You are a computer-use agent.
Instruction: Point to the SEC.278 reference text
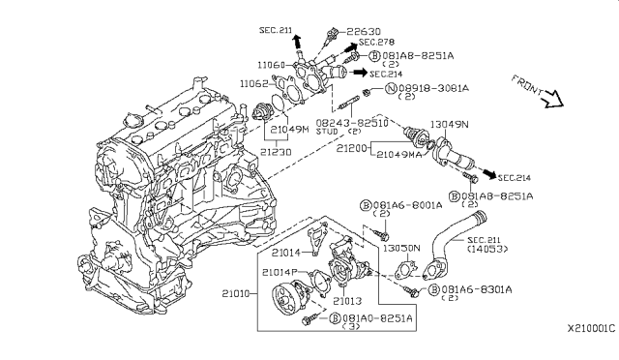[x=375, y=43]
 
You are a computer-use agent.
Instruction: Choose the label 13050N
[x=398, y=248]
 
